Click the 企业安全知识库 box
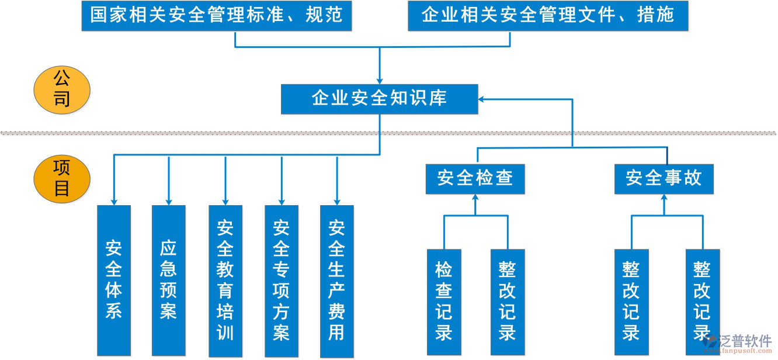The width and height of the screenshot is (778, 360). pyautogui.click(x=379, y=99)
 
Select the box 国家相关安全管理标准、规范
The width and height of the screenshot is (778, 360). pyautogui.click(x=216, y=16)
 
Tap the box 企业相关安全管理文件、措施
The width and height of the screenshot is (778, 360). pyautogui.click(x=547, y=16)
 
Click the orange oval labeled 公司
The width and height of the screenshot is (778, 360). pyautogui.click(x=62, y=89)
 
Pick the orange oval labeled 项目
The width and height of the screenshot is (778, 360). pyautogui.click(x=62, y=179)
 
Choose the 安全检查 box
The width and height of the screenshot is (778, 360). pyautogui.click(x=475, y=178)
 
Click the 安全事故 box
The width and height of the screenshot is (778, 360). pyautogui.click(x=664, y=178)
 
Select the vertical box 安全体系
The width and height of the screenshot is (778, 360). pyautogui.click(x=113, y=281)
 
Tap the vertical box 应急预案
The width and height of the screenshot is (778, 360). pyautogui.click(x=168, y=281)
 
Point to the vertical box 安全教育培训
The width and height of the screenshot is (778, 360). pyautogui.click(x=225, y=281)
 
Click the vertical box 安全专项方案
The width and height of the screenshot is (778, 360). pyautogui.click(x=281, y=281)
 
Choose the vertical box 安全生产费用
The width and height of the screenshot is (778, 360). pyautogui.click(x=336, y=281)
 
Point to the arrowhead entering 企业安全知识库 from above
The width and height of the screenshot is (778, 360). pyautogui.click(x=380, y=81)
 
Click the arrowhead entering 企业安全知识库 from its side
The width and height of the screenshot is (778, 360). pyautogui.click(x=482, y=99)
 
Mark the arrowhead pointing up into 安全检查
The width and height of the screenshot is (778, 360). pyautogui.click(x=475, y=198)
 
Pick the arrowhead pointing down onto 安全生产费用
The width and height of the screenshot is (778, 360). pyautogui.click(x=337, y=201)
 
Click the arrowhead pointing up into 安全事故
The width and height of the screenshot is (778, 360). pyautogui.click(x=664, y=198)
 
